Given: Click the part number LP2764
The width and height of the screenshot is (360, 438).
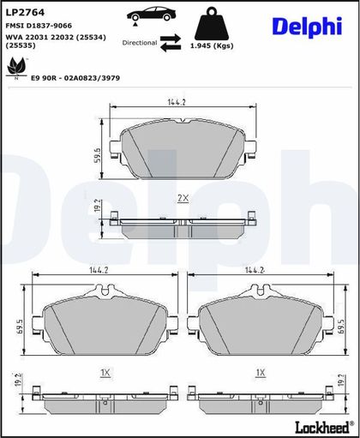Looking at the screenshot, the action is point(25,13).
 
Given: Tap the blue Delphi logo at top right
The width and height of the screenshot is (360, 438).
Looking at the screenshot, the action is point(307,27).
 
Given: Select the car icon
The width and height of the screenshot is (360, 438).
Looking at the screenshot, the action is point(151,15).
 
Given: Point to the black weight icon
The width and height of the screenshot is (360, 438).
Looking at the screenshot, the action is point(212,24).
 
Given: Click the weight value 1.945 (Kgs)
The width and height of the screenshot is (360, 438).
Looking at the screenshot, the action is point(212,45).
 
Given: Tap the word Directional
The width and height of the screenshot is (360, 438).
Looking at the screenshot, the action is point(140,43).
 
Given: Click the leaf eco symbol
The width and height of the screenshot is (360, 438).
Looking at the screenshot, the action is point(16,67).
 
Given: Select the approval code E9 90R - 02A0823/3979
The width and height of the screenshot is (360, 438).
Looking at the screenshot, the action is point(75,78).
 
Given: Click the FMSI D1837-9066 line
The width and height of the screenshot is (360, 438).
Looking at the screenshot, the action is point(39,26).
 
